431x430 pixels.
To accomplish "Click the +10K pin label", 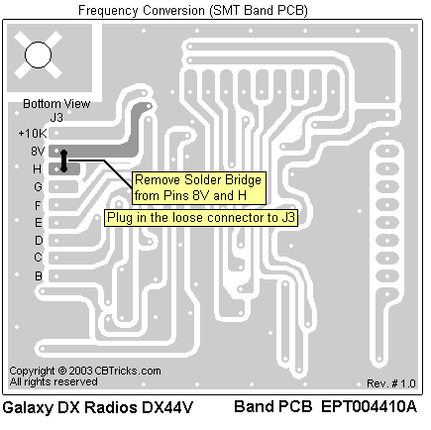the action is [x=33, y=134].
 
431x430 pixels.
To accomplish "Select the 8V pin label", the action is [x=38, y=152].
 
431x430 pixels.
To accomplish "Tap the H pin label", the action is [x=37, y=169].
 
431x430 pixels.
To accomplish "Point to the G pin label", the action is [x=38, y=187].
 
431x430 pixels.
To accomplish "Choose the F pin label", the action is [x=38, y=205].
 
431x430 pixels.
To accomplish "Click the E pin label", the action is [x=39, y=223].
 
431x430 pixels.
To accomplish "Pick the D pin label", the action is [x=39, y=241].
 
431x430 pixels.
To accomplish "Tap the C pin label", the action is [x=38, y=258].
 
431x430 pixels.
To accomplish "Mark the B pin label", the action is [x=39, y=275].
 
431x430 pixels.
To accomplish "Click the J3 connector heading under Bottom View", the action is [x=56, y=118].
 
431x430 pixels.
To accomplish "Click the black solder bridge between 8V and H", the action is [x=63, y=161].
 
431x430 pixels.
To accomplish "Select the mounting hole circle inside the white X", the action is [x=39, y=54].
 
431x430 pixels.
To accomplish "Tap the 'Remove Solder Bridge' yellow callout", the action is [x=199, y=188].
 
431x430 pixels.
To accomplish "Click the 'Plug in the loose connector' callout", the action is [x=201, y=218].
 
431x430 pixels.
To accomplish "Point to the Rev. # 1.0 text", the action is [x=391, y=383].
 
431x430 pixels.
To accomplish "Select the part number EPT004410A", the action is [x=369, y=406].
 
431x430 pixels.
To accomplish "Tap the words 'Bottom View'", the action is [x=56, y=104].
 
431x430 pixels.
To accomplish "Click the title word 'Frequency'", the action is [x=108, y=11].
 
